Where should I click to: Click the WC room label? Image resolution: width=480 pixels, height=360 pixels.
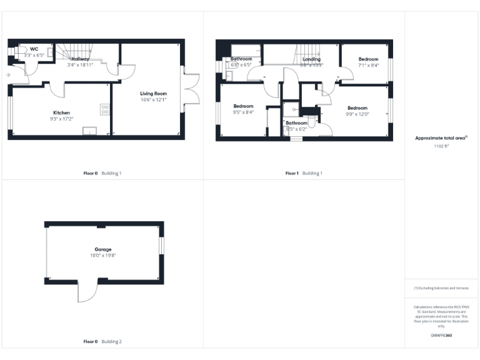34,49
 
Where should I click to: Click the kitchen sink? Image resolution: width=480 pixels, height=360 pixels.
91,131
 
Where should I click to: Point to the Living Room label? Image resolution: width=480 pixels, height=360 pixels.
153,93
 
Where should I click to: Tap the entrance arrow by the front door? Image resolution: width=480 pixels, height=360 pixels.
7,75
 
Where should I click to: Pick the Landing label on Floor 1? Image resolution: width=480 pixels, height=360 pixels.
311,59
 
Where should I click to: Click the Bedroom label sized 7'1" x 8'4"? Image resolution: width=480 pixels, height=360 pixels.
368,59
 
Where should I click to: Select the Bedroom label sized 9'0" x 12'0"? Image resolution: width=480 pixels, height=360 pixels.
357,107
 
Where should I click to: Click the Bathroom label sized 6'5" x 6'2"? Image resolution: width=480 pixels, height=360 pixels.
296,123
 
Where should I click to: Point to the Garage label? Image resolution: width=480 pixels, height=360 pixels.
102,249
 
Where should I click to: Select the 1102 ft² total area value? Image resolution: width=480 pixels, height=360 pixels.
441,146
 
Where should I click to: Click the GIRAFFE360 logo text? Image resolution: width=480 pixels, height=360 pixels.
441,336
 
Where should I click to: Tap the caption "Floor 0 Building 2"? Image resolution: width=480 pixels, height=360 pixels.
102,342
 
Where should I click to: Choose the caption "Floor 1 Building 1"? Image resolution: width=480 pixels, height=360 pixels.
304,173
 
